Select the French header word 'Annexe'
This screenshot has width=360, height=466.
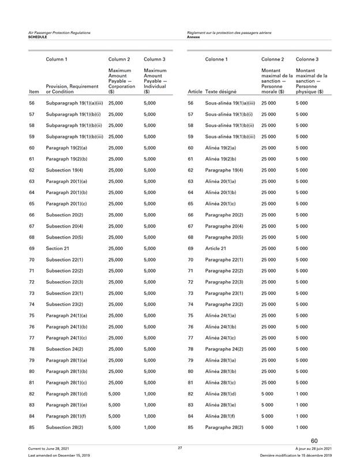(194, 36)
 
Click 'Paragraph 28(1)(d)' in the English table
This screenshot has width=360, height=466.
(67, 393)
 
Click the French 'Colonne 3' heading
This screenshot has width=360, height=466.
(307, 59)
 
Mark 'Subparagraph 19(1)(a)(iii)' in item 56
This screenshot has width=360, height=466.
(74, 102)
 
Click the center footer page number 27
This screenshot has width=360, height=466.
(180, 448)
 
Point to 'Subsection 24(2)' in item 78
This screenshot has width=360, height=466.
(64, 349)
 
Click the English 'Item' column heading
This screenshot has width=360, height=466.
(33, 92)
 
